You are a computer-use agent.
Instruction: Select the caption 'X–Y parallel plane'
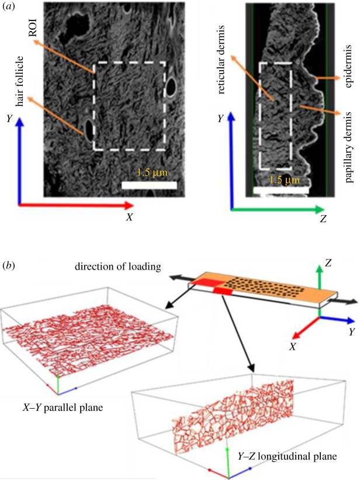pyautogui.click(x=61, y=407)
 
